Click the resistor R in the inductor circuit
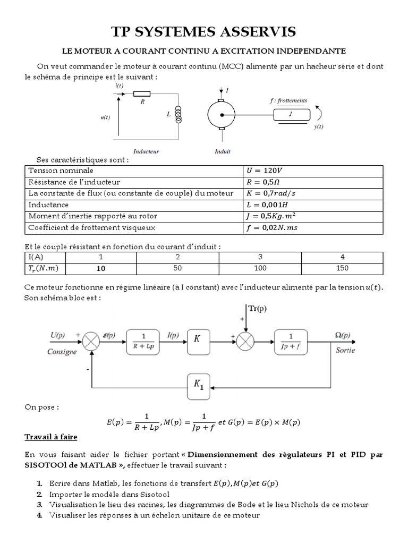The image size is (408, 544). point(143,94)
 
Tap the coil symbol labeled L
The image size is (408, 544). point(178,114)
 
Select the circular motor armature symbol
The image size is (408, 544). point(219,114)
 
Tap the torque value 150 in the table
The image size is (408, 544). point(343,268)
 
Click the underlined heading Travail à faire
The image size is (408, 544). point(51,437)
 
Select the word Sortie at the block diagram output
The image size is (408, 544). point(346,351)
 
